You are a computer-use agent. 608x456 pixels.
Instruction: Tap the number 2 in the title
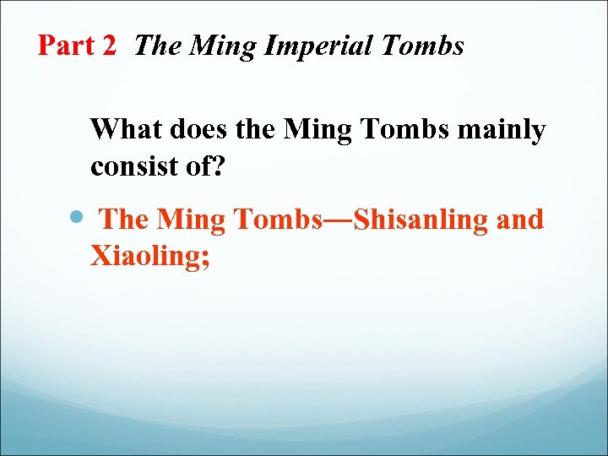[108, 46]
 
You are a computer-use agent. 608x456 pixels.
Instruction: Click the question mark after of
[218, 166]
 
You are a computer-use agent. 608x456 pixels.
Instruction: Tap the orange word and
[522, 220]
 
